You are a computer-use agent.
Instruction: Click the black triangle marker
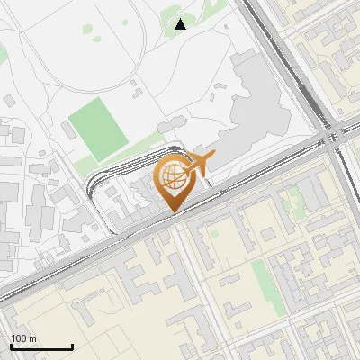point(181,24)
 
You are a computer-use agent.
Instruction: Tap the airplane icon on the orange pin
point(200,165)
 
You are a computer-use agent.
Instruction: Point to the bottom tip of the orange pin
point(172,213)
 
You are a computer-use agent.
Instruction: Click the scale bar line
point(41,346)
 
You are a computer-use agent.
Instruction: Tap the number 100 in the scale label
point(18,338)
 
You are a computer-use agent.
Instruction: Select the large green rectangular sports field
point(97,129)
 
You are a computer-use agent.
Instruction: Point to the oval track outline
point(144,54)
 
